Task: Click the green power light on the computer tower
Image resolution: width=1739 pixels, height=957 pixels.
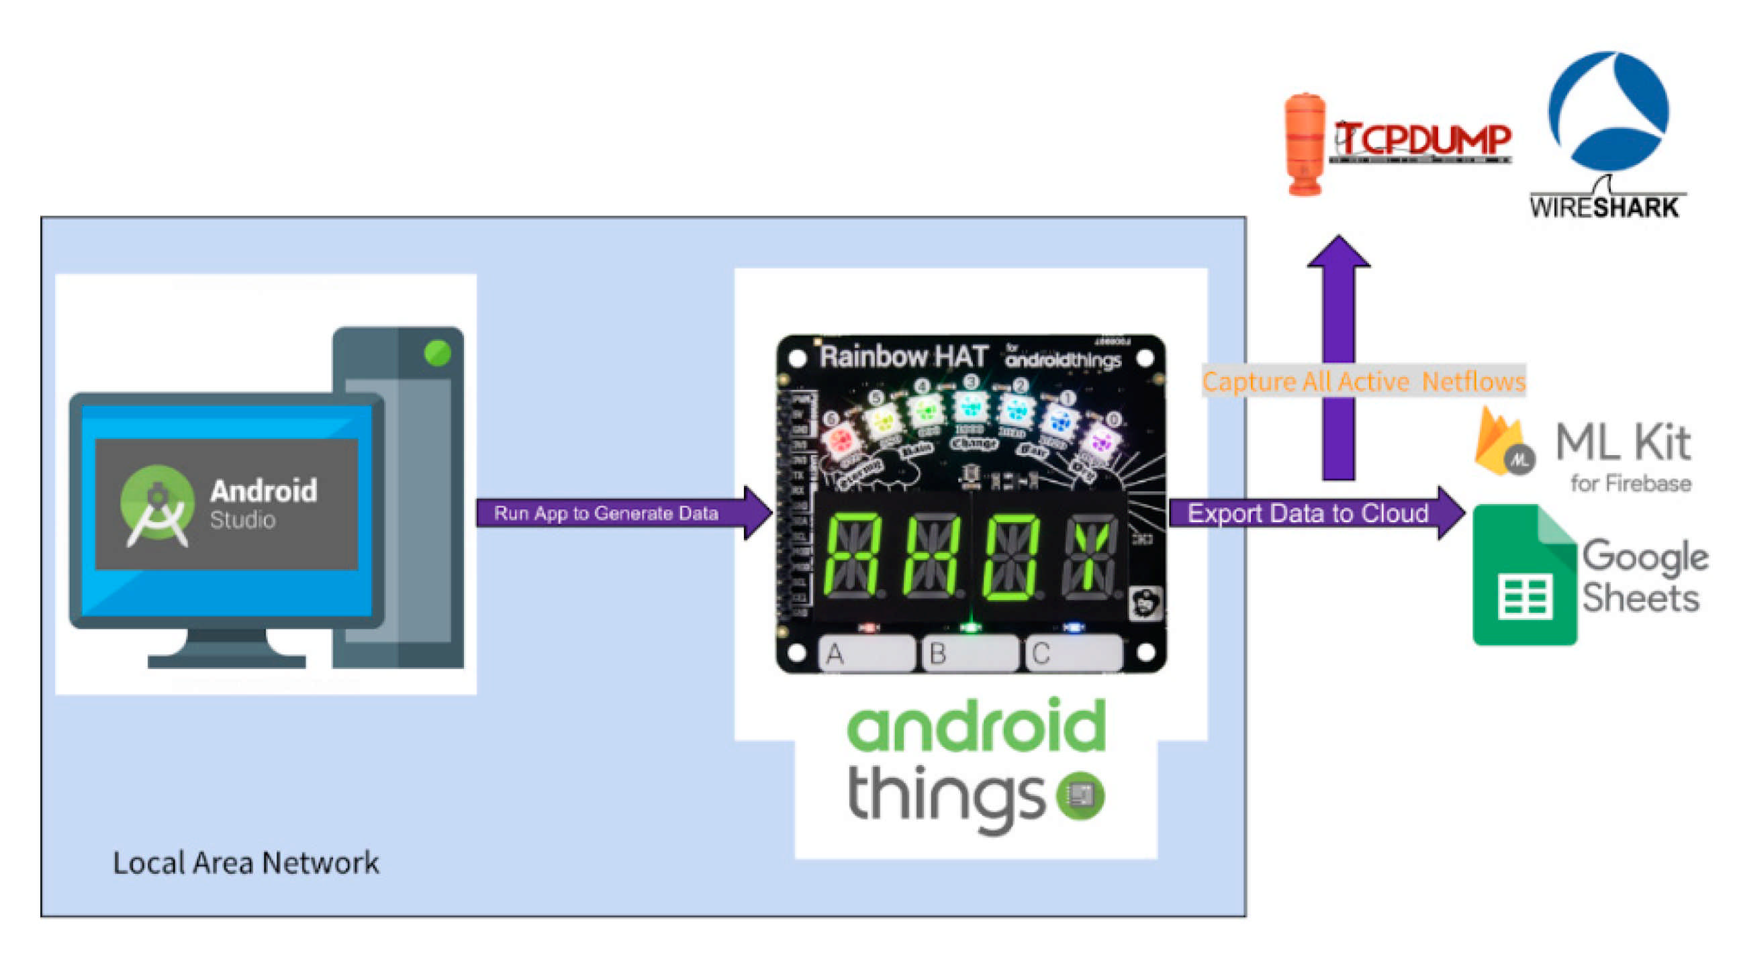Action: (x=437, y=352)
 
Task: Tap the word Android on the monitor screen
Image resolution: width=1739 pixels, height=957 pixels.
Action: (x=263, y=491)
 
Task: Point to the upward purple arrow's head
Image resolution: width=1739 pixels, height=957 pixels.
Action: (x=1339, y=253)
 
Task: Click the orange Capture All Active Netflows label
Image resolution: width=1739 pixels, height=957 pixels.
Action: (x=1363, y=381)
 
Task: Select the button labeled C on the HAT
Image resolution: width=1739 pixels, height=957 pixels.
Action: (x=1074, y=653)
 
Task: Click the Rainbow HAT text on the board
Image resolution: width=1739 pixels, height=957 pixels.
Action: (x=903, y=356)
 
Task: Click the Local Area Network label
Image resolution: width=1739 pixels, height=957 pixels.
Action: (x=246, y=862)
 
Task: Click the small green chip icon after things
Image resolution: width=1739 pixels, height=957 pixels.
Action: (x=1081, y=795)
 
